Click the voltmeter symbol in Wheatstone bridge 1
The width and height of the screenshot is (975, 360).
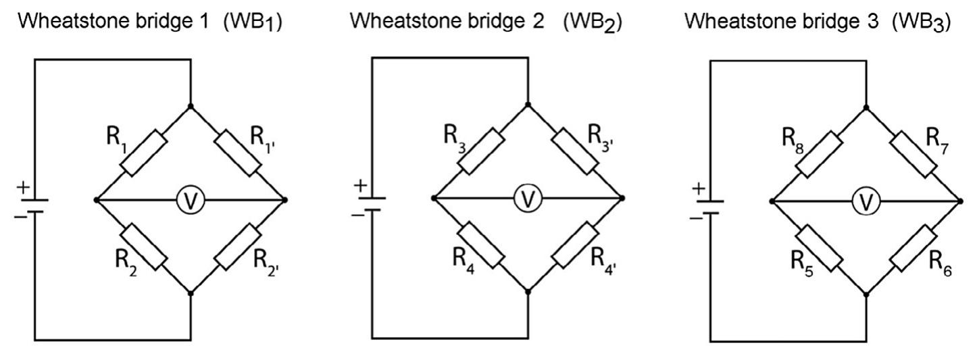coord(191,201)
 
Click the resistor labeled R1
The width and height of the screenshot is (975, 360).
coord(143,153)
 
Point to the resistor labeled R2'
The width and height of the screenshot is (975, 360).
coord(238,248)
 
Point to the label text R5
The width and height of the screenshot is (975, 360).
coord(801,262)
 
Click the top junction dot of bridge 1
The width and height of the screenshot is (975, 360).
coord(191,106)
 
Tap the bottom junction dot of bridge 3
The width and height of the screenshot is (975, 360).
coord(867,294)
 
